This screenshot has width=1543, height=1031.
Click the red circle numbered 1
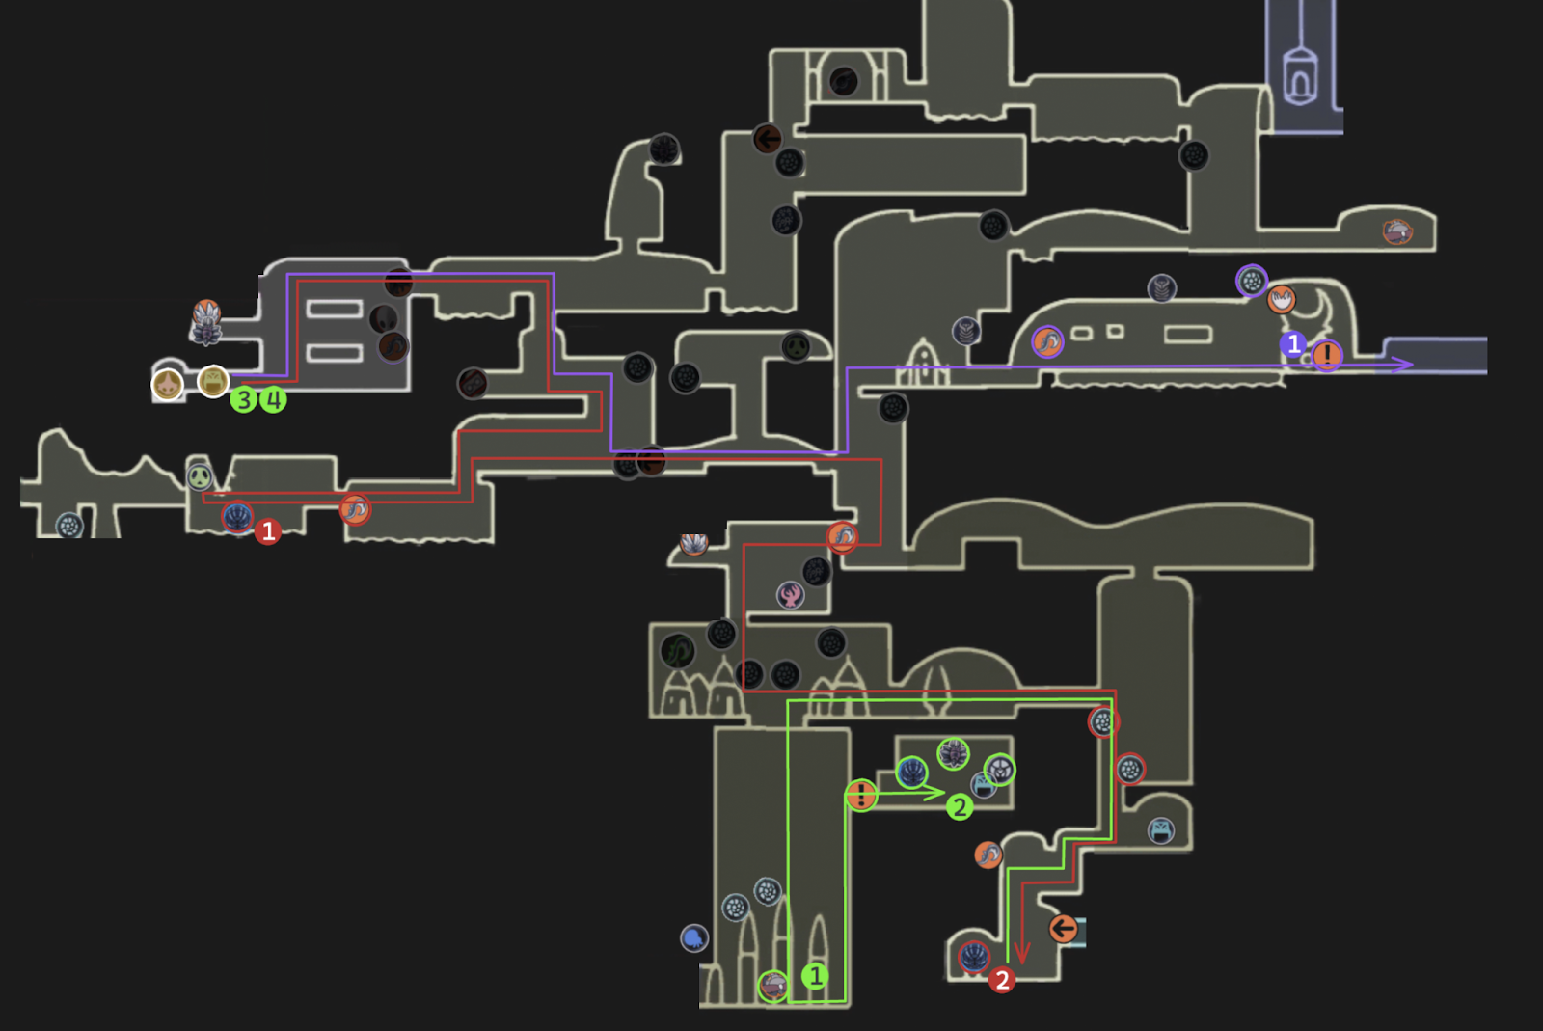[268, 531]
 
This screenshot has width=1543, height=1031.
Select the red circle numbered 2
[1002, 980]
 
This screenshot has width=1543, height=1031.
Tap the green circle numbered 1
[815, 976]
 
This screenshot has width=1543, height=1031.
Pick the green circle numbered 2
[959, 807]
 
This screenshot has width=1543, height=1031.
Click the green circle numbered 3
[244, 399]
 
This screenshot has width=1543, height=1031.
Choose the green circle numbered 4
[274, 399]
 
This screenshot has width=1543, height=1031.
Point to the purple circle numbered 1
[1293, 344]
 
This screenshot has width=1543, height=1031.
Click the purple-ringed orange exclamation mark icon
[1327, 356]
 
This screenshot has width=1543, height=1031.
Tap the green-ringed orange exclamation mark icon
[861, 796]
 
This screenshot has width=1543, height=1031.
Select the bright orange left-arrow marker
[1063, 929]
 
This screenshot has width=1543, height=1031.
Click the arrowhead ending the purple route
[1406, 365]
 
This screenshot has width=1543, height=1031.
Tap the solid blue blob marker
[694, 937]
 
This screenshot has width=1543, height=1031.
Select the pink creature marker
[791, 594]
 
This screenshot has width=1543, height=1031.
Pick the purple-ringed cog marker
[1252, 281]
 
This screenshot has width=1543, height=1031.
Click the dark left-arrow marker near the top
[768, 140]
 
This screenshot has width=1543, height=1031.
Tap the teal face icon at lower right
[1161, 830]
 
